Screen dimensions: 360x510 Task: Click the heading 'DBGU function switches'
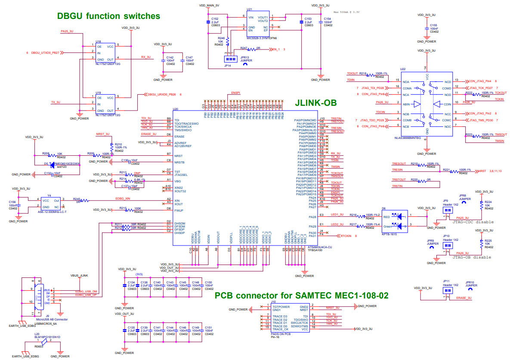click(108, 16)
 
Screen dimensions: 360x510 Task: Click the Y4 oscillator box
click(50, 204)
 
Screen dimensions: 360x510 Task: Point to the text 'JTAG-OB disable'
click(472, 257)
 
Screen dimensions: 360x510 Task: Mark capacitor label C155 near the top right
click(434, 25)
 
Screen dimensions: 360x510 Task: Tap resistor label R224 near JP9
click(488, 202)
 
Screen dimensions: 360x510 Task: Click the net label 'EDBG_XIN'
click(123, 198)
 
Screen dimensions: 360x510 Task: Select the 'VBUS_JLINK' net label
click(79, 275)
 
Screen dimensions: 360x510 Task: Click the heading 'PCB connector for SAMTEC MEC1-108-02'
click(301, 295)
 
